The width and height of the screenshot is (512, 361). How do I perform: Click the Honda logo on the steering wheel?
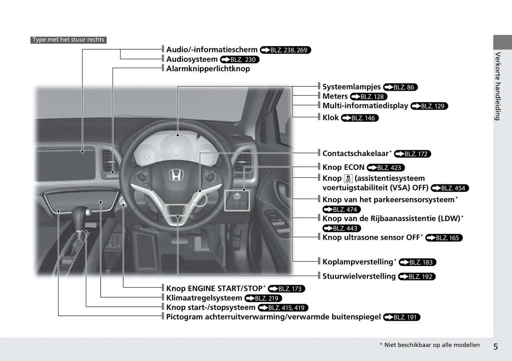176,175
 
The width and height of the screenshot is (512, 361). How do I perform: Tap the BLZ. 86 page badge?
400,87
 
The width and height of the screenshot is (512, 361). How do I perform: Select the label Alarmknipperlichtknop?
208,69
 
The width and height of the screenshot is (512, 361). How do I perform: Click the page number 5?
496,347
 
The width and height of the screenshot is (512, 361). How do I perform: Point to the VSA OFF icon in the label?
348,178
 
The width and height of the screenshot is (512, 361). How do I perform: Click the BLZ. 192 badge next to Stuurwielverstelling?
417,277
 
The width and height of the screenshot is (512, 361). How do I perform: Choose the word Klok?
331,118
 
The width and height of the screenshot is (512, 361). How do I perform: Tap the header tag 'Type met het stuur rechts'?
68,40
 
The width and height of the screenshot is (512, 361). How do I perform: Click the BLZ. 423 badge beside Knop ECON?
386,168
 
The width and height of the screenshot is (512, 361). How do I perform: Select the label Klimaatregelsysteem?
204,298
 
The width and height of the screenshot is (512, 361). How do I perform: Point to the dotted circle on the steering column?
199,199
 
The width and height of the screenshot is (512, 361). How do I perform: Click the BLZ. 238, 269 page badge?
286,50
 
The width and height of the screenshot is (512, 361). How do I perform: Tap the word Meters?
335,96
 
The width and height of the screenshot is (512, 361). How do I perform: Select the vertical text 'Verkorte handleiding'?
497,86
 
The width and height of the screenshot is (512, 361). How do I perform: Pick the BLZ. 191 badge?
401,317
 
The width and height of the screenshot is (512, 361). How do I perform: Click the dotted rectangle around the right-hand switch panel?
237,201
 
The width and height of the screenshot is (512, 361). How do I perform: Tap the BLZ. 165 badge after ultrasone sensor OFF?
444,238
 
